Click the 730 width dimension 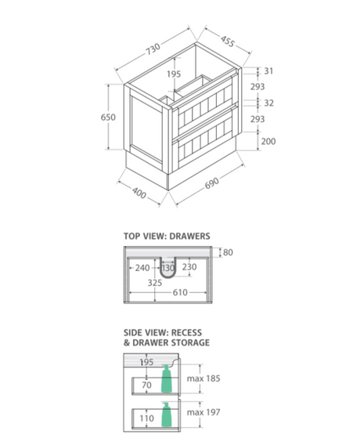(153, 49)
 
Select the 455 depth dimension (228, 42)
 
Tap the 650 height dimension (108, 117)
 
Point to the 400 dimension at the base (139, 193)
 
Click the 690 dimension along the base (212, 183)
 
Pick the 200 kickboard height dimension (268, 141)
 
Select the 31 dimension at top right (268, 71)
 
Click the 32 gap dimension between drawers (268, 103)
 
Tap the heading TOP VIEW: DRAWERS (167, 236)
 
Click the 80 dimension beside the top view (228, 252)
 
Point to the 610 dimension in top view (180, 292)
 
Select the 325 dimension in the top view (155, 283)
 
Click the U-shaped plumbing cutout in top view (167, 276)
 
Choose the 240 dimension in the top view (142, 268)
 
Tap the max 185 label (203, 378)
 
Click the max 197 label (203, 412)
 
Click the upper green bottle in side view (167, 378)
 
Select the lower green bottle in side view (167, 414)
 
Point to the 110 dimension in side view (146, 418)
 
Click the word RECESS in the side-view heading (186, 333)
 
